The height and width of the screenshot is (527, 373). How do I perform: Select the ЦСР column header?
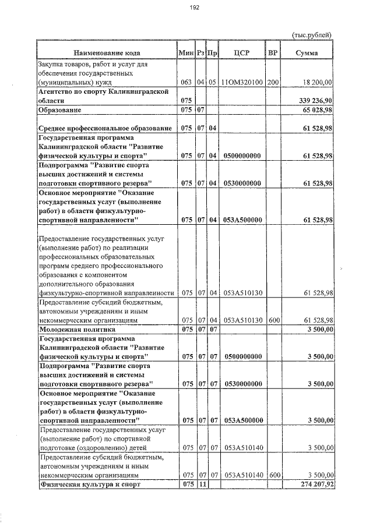pyautogui.click(x=241, y=53)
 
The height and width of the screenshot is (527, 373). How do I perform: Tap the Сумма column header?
pyautogui.click(x=307, y=53)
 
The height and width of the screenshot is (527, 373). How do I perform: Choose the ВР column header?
pyautogui.click(x=272, y=53)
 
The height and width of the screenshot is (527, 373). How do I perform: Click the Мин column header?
pyautogui.click(x=186, y=53)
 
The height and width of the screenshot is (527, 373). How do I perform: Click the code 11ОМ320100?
pyautogui.click(x=241, y=83)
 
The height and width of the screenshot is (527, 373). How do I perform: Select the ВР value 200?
pyautogui.click(x=273, y=83)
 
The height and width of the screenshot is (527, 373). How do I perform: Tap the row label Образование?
pyautogui.click(x=59, y=109)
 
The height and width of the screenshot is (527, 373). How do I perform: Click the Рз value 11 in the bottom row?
pyautogui.click(x=202, y=484)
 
